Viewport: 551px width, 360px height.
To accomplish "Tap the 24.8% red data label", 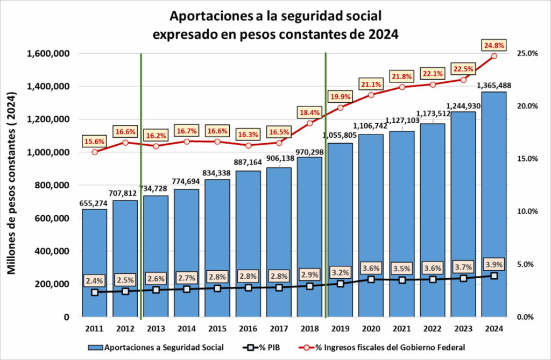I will pyautogui.click(x=494, y=45).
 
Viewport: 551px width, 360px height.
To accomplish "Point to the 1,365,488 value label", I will pyautogui.click(x=493, y=85).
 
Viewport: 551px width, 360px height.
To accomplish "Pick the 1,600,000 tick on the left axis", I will pyautogui.click(x=51, y=53).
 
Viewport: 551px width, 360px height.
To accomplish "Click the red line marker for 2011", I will pyautogui.click(x=95, y=152).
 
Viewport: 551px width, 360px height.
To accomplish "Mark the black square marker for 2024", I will pyautogui.click(x=494, y=276).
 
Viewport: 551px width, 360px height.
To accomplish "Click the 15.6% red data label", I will pyautogui.click(x=95, y=141).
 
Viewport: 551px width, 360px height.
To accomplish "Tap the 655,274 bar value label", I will pyautogui.click(x=95, y=203).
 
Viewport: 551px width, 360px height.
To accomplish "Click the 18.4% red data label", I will pyautogui.click(x=310, y=112).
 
